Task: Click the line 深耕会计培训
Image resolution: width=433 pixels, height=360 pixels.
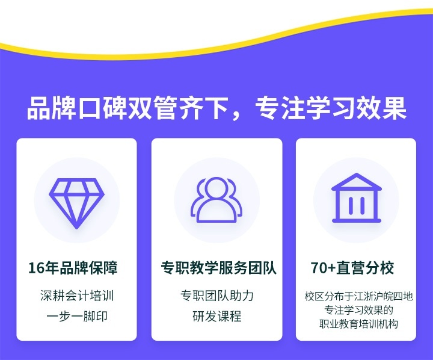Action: (x=76, y=296)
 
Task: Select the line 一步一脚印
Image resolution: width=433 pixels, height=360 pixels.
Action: (x=76, y=316)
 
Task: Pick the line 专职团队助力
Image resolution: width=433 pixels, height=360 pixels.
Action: (x=217, y=296)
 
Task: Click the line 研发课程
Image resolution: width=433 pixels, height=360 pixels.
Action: (x=217, y=316)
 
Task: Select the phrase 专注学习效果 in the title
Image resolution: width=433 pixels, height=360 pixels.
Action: (x=331, y=110)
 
